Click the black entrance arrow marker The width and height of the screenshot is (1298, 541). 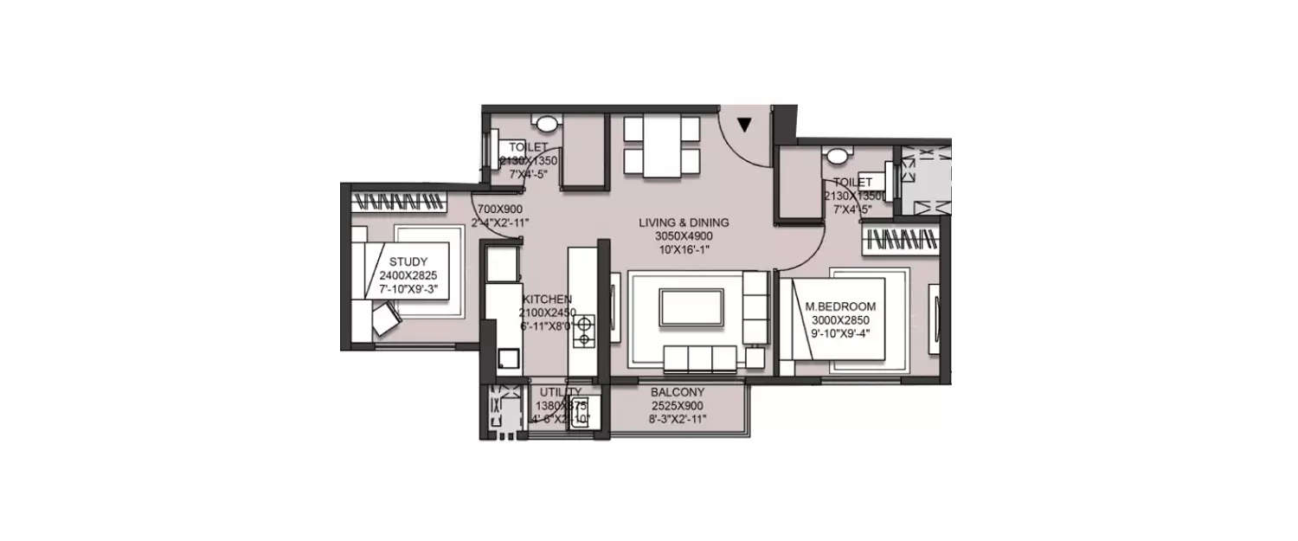coord(743,126)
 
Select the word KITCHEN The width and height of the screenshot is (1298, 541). coord(547,299)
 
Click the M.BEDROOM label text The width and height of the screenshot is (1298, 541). coord(840,306)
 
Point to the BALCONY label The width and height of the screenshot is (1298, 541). coord(678,392)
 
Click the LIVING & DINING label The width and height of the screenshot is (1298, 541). coord(684,222)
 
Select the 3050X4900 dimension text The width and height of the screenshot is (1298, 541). coord(684,236)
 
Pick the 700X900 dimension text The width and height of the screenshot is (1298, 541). coord(499,209)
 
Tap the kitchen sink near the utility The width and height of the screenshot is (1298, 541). coord(508,357)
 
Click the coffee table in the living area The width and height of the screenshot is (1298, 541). coord(691,307)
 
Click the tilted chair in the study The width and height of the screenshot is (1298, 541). coord(386,321)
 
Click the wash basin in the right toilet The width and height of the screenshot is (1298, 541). coord(837,158)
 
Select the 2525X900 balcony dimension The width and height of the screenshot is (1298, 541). coord(678,406)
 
